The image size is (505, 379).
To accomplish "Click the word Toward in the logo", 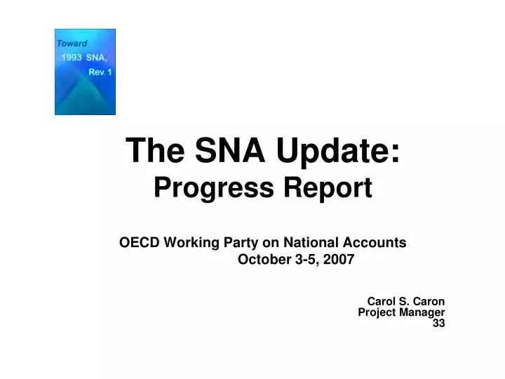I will (x=72, y=43).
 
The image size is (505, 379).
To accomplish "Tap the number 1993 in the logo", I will (x=72, y=58).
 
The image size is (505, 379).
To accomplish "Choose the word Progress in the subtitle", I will (x=198, y=187).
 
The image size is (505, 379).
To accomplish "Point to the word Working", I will (x=191, y=243).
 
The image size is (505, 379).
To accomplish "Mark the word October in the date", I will (x=261, y=260).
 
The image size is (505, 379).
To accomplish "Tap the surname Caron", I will (x=429, y=302).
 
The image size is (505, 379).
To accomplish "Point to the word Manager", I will (x=423, y=312).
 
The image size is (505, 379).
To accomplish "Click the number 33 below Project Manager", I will (x=438, y=323).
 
